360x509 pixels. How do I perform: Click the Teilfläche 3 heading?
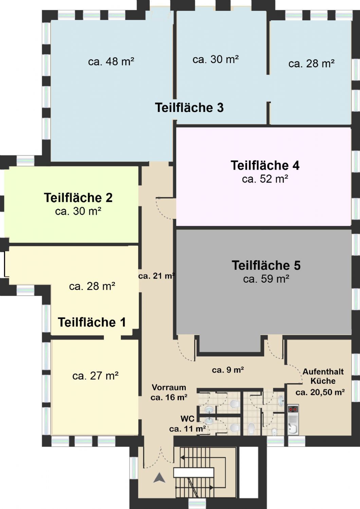coord(189,108)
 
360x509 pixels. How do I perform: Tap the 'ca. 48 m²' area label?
coord(111,61)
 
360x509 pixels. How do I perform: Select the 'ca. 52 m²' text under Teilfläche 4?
coord(265,179)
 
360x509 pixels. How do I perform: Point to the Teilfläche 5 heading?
coord(266,265)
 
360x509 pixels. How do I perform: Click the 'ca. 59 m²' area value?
coord(266,279)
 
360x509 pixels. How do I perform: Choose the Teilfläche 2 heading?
coord(78,198)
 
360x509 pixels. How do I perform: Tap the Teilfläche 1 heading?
coord(92,322)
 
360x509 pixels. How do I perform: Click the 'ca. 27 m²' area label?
coord(95,376)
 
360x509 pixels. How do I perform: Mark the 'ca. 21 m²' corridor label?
coord(157,276)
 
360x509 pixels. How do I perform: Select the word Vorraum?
coord(169,387)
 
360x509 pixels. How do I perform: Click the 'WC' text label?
coord(187,419)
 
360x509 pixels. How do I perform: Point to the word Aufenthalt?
coord(323,372)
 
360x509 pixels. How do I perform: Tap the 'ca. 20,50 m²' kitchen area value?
coord(320,392)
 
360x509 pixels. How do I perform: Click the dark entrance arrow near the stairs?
coord(160,478)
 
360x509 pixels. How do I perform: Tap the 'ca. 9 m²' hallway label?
coord(228,370)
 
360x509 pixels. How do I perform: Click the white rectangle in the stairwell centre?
coord(194,472)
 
